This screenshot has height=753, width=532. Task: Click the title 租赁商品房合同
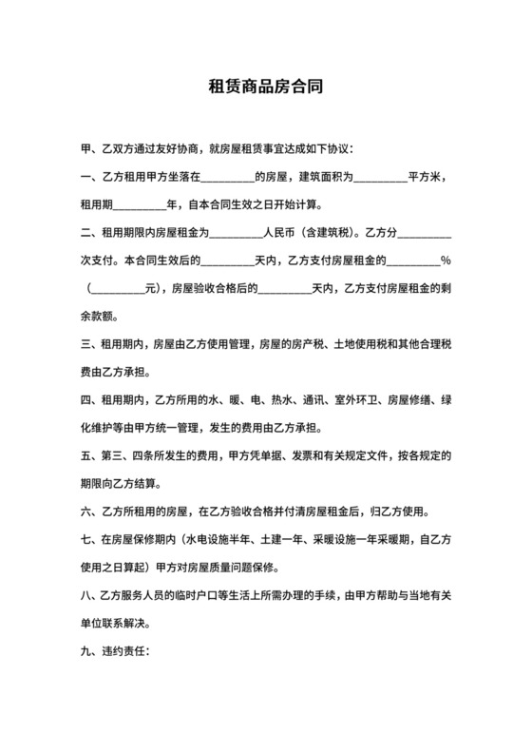tap(266, 86)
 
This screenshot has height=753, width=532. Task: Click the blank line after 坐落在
tap(228, 178)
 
